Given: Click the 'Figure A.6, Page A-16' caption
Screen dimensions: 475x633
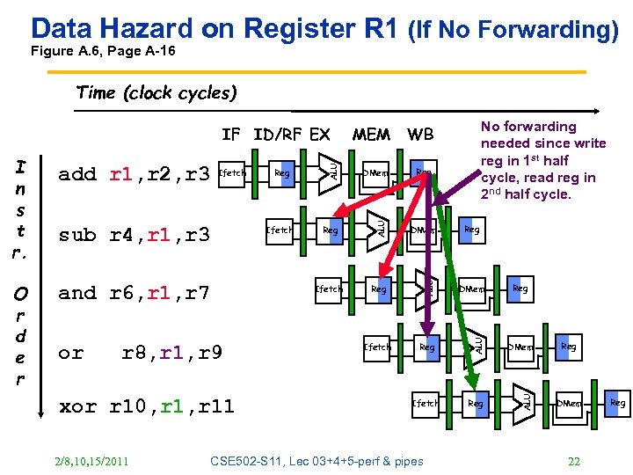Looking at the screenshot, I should coord(103,51).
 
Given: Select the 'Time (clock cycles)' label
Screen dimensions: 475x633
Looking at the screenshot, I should coord(156,92).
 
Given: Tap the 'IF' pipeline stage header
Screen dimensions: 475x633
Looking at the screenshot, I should coord(230,135).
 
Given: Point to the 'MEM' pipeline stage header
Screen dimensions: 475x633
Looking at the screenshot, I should coord(371,135).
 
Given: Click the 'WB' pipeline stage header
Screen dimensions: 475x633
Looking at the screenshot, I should coord(420,135).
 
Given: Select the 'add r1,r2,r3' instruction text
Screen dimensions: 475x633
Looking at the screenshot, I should coord(135,174).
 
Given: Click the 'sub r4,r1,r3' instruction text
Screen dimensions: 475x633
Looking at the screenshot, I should coord(135,234).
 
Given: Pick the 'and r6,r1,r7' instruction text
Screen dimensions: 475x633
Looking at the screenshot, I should coord(135,293).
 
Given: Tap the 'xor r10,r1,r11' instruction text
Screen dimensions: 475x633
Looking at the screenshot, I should coord(146,406).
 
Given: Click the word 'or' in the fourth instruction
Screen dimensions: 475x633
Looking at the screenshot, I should coord(70,353).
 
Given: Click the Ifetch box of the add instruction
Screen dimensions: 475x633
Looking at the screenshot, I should coord(232,173).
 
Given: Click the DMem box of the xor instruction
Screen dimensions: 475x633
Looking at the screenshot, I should coord(569,404).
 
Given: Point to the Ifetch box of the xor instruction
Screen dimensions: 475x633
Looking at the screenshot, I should coord(426,404).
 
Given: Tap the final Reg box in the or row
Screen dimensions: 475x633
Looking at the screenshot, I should coord(569,347).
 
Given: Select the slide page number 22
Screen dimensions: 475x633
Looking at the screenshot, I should coord(574,461).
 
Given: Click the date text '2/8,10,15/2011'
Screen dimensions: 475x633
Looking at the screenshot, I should coord(91,461).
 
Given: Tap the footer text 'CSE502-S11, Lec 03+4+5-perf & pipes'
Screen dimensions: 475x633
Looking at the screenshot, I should coord(317,461).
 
